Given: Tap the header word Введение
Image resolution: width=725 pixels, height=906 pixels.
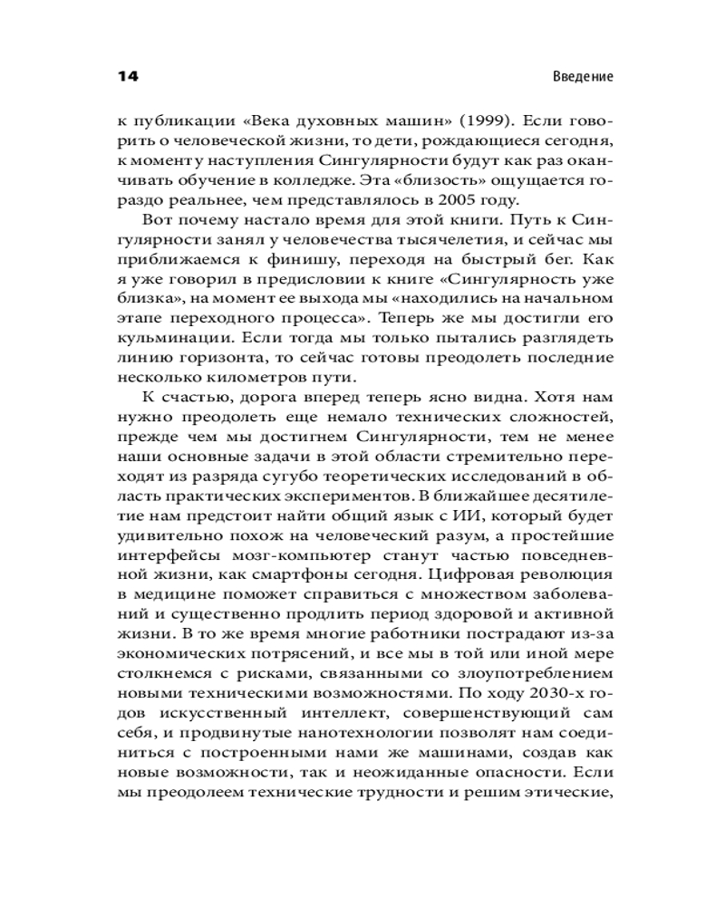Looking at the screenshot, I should [x=583, y=77].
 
